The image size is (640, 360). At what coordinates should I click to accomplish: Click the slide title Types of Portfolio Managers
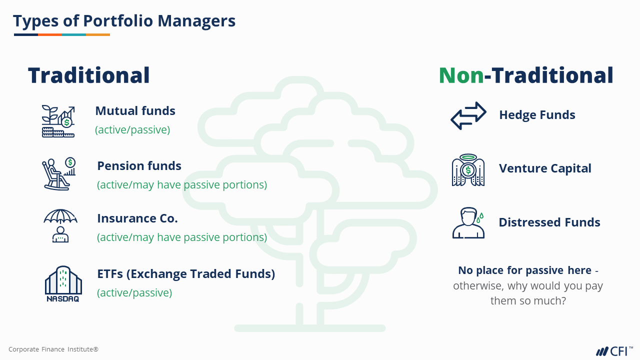pos(124,21)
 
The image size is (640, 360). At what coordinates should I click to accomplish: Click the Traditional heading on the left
pos(89,75)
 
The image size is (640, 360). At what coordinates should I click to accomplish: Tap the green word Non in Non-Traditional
pos(461,75)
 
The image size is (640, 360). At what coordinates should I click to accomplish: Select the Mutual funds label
pos(135,111)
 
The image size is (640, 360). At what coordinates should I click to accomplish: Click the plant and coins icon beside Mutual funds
pos(58,121)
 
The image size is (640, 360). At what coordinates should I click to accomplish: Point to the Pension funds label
pos(139,165)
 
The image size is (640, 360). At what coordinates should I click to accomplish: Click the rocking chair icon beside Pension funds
pos(59,173)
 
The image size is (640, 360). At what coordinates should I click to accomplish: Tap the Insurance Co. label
pos(137,218)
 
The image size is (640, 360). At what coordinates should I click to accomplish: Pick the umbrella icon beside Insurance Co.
pos(60,225)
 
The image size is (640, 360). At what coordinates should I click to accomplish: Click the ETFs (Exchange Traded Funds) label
pos(186,273)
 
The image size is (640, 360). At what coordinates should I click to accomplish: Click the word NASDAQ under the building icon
pos(63,299)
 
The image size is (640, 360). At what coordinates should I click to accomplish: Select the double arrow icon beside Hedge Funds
pos(468,115)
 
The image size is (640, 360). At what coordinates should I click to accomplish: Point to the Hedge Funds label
pos(537,115)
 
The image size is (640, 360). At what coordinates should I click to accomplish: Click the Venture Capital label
pos(545,168)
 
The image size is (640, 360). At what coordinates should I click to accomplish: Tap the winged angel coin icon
pos(468,170)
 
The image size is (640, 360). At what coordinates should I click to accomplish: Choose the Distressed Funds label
pos(549,222)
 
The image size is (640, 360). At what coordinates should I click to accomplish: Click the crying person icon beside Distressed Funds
pos(468,223)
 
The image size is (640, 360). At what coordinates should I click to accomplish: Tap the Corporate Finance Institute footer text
pos(53,349)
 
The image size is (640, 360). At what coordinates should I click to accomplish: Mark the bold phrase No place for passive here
pos(525,270)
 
